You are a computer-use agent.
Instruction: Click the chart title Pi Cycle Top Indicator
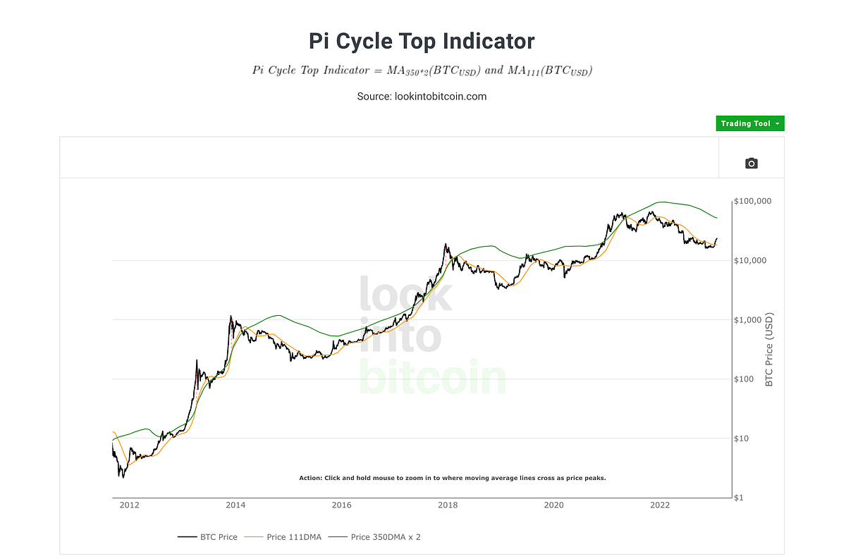point(422,41)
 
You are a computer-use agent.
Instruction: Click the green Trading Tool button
point(750,123)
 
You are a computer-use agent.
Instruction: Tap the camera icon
point(751,164)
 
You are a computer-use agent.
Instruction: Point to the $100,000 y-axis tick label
point(752,201)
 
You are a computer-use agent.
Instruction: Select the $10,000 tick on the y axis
point(750,261)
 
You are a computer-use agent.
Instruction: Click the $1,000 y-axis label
point(748,320)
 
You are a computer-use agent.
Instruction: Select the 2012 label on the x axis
point(128,505)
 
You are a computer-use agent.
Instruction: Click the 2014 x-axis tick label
point(235,505)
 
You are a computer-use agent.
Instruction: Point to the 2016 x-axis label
point(341,505)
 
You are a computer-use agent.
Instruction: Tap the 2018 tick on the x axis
point(447,505)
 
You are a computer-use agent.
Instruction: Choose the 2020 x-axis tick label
point(553,505)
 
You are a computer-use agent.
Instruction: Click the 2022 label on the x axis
point(660,505)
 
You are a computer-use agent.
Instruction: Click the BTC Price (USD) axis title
point(769,350)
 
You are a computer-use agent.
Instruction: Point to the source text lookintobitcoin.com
point(422,96)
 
